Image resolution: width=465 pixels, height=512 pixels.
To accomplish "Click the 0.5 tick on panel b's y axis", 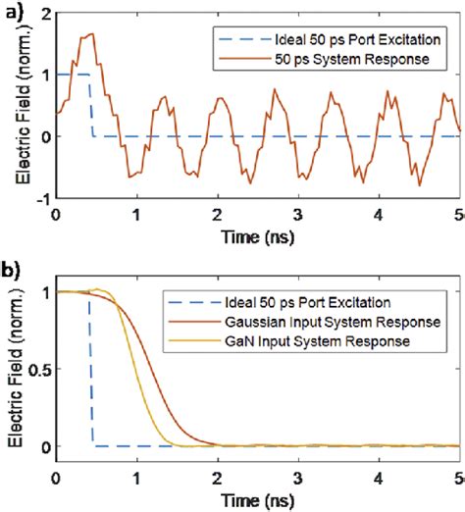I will click(38, 371).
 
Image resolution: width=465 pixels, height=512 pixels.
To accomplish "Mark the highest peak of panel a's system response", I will click(91, 34).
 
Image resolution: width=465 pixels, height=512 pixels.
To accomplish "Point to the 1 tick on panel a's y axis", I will click(46, 74).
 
